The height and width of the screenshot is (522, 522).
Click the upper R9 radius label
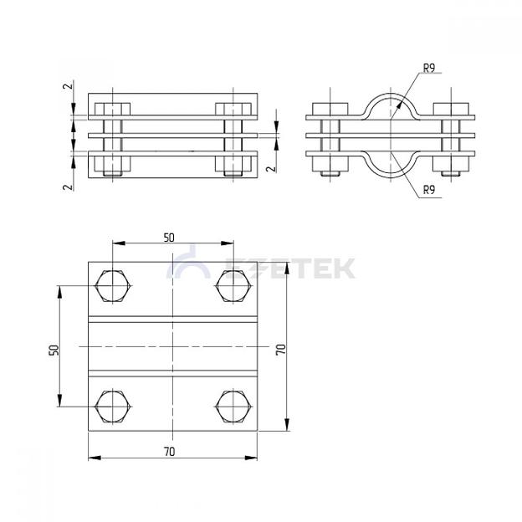click(429, 69)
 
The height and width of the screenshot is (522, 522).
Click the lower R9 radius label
click(429, 190)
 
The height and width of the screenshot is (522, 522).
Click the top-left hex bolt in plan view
click(113, 286)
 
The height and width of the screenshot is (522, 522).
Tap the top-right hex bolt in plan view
click(233, 286)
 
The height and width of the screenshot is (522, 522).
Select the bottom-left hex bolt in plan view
click(113, 407)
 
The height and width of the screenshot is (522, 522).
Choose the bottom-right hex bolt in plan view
click(233, 407)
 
